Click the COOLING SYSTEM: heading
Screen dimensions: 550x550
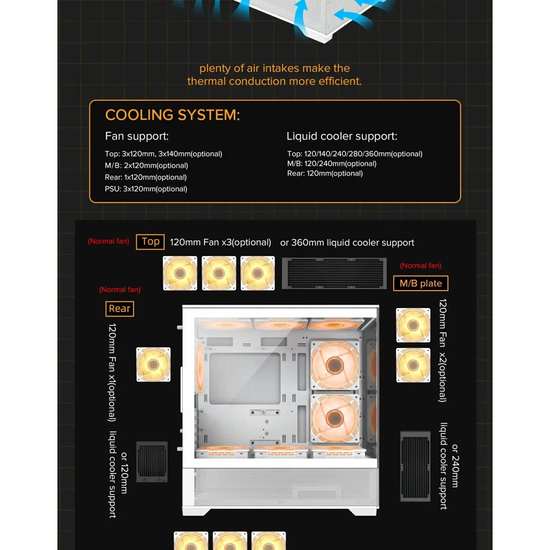coord(172,115)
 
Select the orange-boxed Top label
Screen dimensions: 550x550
coord(150,242)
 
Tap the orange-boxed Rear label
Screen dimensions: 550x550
coord(119,309)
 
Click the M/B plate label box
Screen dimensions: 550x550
coord(420,283)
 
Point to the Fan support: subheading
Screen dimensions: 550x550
coord(137,136)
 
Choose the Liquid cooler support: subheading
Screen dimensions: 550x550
coord(342,136)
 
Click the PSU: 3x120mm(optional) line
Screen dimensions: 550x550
coord(146,189)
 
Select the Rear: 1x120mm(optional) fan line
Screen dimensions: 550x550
coord(145,177)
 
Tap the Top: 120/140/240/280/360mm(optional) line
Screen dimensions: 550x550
coord(354,154)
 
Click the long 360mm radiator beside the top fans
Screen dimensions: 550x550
coord(334,273)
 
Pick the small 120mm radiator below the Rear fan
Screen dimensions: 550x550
coord(152,462)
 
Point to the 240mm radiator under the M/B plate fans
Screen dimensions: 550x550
coord(415,466)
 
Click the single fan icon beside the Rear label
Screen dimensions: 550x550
coord(153,364)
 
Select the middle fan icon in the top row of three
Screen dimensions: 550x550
coord(219,273)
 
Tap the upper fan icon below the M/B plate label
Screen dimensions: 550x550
coord(413,325)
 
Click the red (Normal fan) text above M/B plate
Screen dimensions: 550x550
coord(420,266)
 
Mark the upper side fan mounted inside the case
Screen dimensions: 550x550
coord(334,365)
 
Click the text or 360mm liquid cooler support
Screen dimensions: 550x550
coord(347,243)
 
